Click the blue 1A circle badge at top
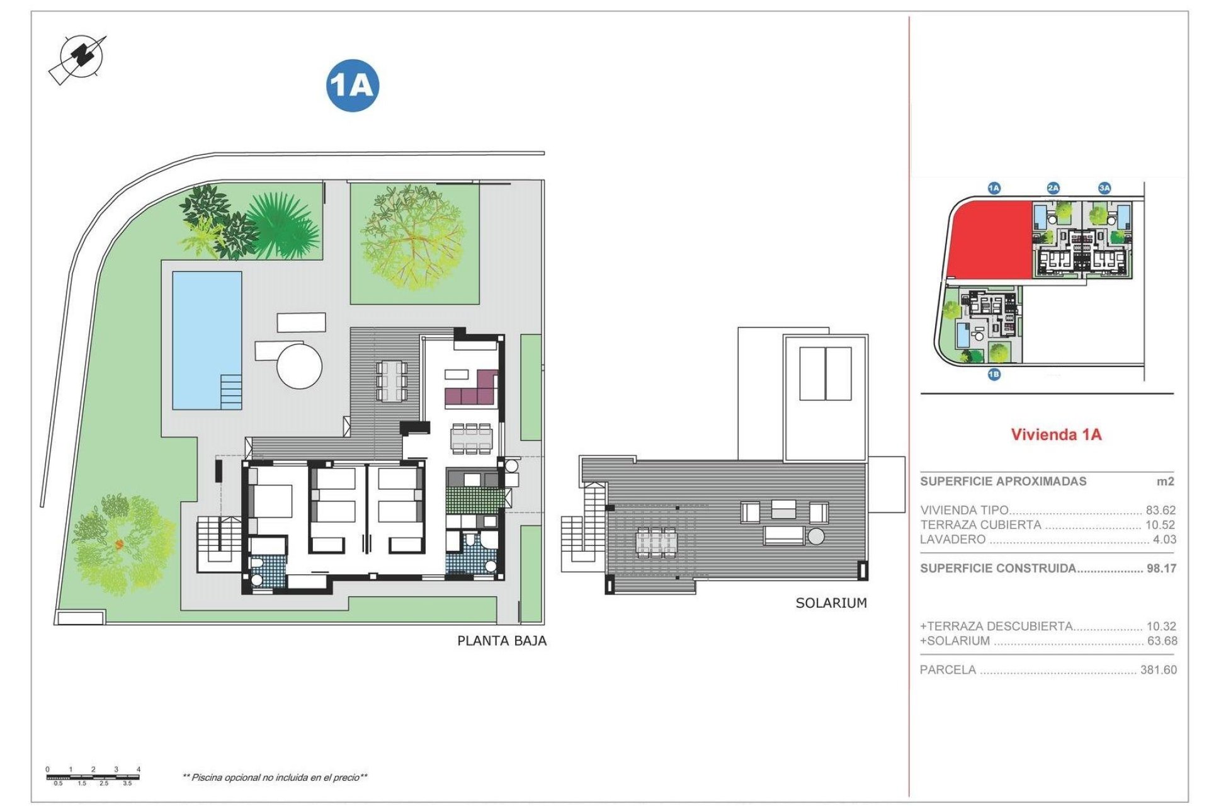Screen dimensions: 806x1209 click(353, 86)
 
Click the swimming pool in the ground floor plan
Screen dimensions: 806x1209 click(207, 340)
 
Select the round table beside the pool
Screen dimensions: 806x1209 click(300, 365)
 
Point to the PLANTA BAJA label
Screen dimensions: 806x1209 click(501, 641)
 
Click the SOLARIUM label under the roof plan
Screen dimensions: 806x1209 click(831, 603)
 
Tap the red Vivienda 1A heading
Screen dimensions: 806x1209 click(1056, 434)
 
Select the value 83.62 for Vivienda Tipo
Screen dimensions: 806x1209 click(1161, 510)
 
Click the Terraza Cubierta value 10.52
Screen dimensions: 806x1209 click(1161, 525)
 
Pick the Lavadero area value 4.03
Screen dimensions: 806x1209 click(1164, 539)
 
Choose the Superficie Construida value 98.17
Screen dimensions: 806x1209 click(1161, 568)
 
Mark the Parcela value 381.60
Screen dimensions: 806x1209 click(1158, 670)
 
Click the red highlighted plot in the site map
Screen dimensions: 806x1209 click(989, 239)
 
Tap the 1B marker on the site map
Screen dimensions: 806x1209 click(994, 375)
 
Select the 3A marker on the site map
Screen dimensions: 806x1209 click(1104, 188)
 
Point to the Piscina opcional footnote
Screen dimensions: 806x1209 click(275, 778)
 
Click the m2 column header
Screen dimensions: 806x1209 click(1166, 481)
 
